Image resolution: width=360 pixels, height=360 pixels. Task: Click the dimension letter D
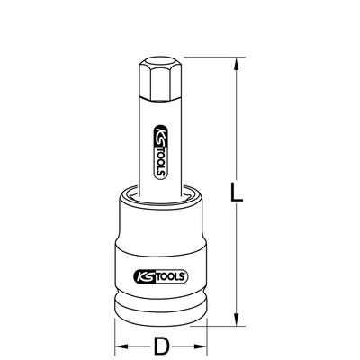[x=161, y=346]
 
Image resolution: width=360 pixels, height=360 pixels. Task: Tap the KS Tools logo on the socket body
[x=160, y=276]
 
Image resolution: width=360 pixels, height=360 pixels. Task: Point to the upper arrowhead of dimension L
[x=237, y=64]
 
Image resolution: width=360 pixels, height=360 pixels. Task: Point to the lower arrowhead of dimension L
[x=237, y=319]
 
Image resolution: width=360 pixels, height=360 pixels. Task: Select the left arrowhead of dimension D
[x=121, y=346]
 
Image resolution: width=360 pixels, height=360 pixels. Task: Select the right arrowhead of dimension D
[x=201, y=346]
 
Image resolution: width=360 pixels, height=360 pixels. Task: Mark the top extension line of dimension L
[x=215, y=57]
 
